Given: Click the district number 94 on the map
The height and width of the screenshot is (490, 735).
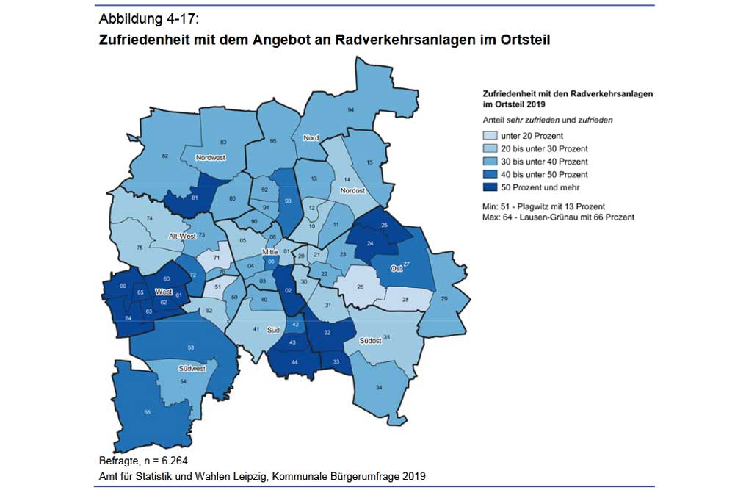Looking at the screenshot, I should tap(350, 109).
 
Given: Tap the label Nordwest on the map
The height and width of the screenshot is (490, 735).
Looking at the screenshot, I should tap(210, 157).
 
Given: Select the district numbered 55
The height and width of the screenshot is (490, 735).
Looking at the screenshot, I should tap(148, 413).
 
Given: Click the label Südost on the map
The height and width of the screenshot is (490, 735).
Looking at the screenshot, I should tap(370, 341).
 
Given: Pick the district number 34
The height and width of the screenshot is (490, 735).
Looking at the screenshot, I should tap(379, 387).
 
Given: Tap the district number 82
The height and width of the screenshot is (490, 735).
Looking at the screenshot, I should tap(164, 156).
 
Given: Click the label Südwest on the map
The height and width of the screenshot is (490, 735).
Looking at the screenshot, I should tap(192, 367).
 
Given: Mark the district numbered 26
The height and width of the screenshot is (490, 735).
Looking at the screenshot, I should tap(360, 287).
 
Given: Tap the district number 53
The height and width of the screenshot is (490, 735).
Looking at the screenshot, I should tap(190, 346).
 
